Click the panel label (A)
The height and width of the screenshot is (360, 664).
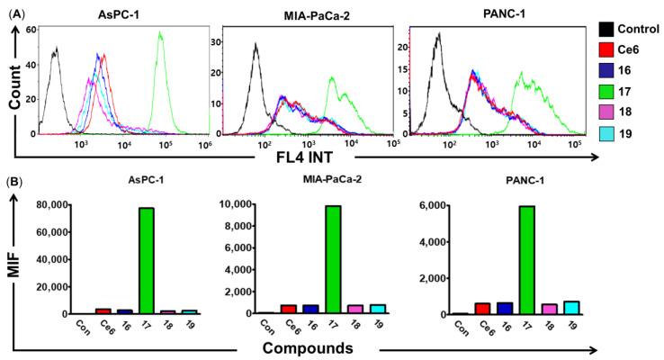tap(15, 9)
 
